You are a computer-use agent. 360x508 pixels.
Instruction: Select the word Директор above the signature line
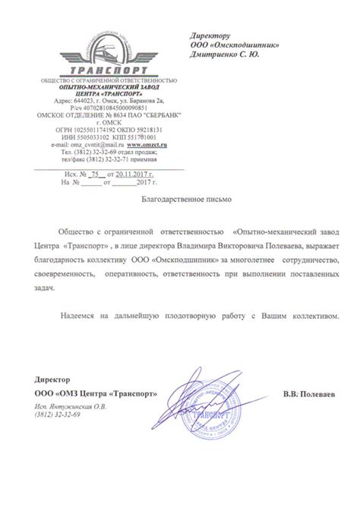point(51,378)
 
